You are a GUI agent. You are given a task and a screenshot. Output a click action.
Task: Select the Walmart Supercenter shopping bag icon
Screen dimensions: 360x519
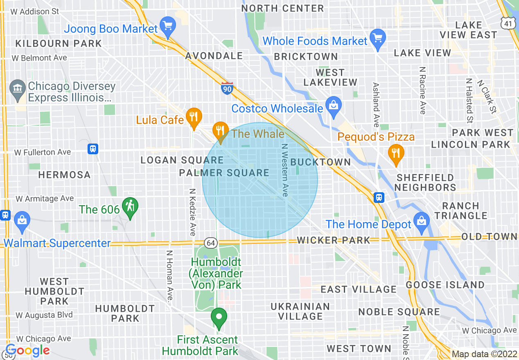22,221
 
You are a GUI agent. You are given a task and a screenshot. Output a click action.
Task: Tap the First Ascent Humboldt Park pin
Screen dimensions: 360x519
219,317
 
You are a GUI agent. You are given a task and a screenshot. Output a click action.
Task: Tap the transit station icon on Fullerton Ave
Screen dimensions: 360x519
93,149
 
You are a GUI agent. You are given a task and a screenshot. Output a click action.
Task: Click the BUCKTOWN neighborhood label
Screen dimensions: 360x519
320,162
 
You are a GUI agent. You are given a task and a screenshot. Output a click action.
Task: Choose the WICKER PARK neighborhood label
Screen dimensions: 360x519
333,240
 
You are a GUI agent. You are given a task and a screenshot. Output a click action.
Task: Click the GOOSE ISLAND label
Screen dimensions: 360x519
445,285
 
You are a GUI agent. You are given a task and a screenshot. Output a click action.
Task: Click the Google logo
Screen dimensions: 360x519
28,351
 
